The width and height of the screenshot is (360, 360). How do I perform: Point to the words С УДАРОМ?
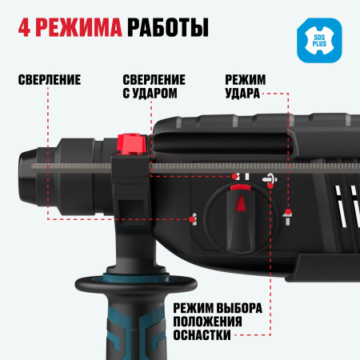click(154, 94)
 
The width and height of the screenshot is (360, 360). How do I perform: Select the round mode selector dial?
click(237, 214)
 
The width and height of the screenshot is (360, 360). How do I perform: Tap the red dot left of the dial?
click(193, 217)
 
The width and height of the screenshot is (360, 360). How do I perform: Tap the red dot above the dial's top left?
click(234, 175)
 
